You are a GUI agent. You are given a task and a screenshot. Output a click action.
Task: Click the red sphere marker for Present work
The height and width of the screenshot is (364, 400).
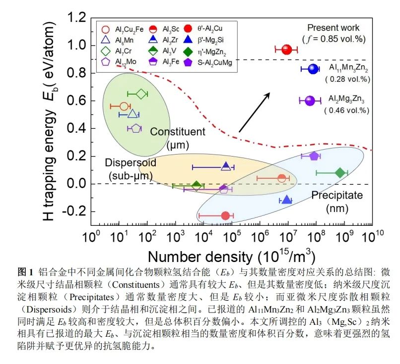pyautogui.click(x=286, y=49)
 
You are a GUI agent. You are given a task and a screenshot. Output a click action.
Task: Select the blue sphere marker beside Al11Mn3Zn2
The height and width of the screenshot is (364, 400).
pyautogui.click(x=312, y=69)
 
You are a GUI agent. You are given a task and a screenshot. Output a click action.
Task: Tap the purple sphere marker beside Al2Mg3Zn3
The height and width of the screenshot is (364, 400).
pyautogui.click(x=310, y=101)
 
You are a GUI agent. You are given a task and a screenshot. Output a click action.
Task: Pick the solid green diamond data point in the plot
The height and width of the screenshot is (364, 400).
pyautogui.click(x=339, y=173)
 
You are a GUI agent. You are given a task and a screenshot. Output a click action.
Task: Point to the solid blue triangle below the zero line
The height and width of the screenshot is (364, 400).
pyautogui.click(x=286, y=200)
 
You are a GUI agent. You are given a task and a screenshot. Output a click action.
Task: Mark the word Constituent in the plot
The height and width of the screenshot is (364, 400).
pyautogui.click(x=177, y=132)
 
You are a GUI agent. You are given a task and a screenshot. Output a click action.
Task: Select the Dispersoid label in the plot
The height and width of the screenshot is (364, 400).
pyautogui.click(x=131, y=162)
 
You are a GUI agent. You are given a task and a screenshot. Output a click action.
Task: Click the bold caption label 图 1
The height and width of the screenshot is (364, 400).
pyautogui.click(x=25, y=272)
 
